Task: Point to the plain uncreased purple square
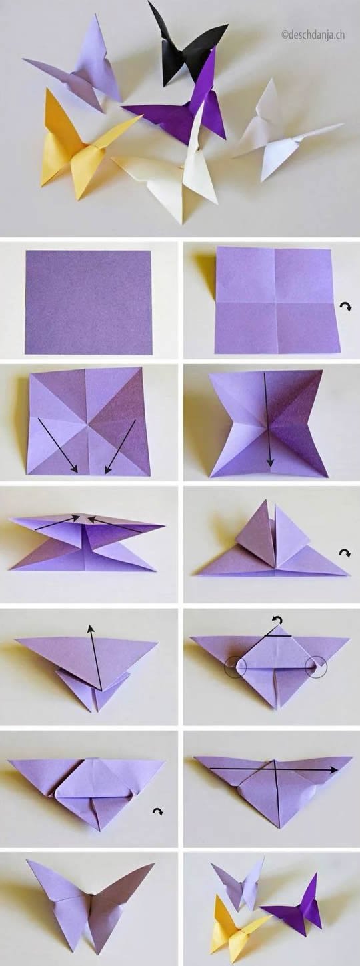click(x=89, y=302)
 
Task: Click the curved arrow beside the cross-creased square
click(x=346, y=305)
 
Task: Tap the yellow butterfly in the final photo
click(x=233, y=930)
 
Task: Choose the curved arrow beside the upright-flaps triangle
click(x=345, y=553)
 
